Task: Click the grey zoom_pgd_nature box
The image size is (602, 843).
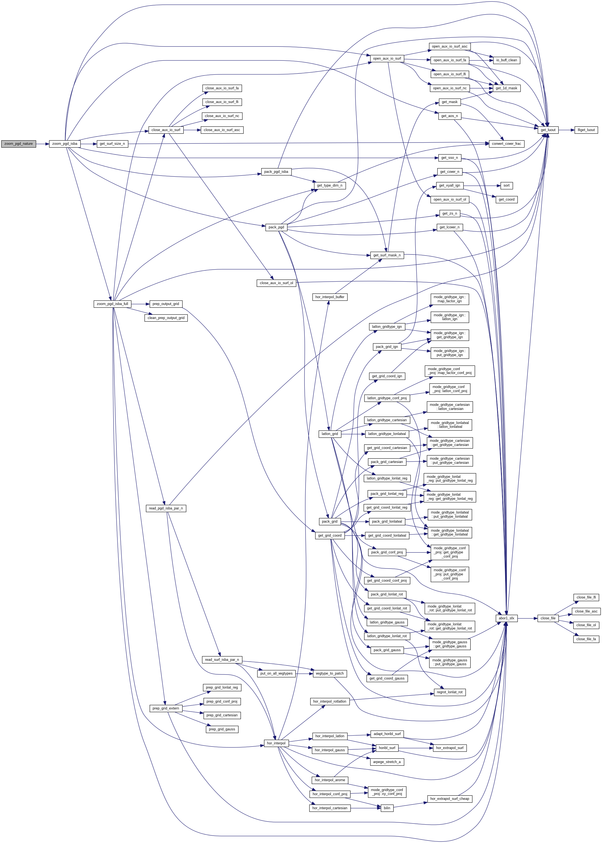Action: pos(18,144)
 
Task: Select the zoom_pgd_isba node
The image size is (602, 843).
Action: pos(65,144)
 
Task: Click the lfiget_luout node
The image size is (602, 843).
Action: pos(586,130)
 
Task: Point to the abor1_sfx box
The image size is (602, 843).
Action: pos(506,618)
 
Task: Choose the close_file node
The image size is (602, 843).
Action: pos(548,618)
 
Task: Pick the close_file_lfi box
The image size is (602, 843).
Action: pos(586,597)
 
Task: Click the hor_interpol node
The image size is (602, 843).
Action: pos(276,743)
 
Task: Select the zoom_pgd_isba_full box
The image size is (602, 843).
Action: pos(112,304)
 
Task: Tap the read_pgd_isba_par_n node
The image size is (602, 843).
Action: pos(166,508)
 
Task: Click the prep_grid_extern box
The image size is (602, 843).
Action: pos(166,708)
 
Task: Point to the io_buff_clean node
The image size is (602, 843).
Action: pos(506,60)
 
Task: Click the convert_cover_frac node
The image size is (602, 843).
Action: pos(506,144)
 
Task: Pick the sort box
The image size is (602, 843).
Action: pos(506,185)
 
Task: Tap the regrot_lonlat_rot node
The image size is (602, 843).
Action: pos(450,692)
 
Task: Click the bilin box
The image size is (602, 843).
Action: pos(387,808)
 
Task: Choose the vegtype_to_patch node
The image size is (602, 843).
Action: pos(329,673)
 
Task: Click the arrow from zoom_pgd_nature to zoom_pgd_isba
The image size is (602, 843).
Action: pos(43,144)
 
